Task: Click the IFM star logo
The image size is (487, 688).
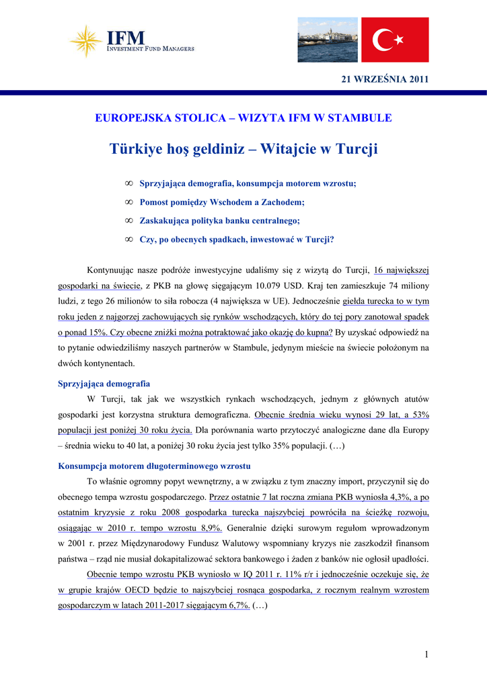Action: (87, 40)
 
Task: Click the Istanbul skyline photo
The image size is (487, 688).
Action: (328, 40)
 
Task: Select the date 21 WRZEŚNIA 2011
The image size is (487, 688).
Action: (385, 79)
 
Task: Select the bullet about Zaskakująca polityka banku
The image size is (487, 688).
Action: (219, 220)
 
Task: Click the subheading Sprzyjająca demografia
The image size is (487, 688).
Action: (104, 384)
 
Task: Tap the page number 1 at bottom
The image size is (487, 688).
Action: (426, 655)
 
